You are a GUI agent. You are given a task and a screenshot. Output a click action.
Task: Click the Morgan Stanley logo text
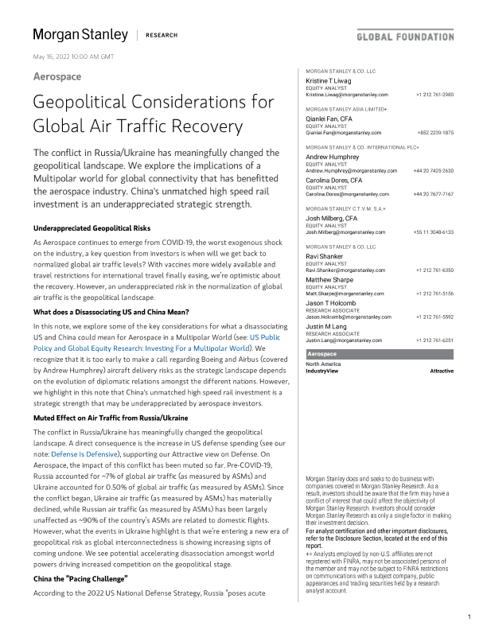point(80,35)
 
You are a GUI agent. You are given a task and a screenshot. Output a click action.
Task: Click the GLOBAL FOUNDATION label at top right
point(404,37)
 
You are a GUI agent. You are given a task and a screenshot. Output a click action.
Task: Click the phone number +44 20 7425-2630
point(433,171)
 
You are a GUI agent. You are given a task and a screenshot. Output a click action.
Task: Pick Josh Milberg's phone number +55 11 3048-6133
point(433,231)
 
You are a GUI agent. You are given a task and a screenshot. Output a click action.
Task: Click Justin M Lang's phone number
point(434,340)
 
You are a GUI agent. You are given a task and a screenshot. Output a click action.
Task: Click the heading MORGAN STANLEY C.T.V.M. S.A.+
point(342,208)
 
